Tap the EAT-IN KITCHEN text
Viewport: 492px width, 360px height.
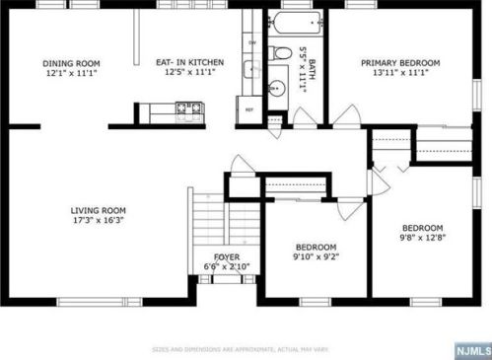(190, 63)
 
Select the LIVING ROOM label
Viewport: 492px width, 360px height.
(98, 210)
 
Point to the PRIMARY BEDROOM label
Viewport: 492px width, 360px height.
(400, 63)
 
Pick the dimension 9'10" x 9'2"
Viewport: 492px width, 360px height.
(316, 257)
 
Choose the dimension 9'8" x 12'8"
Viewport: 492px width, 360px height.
(421, 238)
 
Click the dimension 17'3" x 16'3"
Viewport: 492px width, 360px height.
(98, 221)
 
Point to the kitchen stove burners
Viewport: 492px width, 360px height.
(187, 108)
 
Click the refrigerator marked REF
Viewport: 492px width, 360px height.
(249, 109)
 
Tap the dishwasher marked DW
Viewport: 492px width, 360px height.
(252, 43)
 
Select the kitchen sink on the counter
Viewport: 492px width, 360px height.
(252, 68)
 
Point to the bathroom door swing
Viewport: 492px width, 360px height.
(305, 118)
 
